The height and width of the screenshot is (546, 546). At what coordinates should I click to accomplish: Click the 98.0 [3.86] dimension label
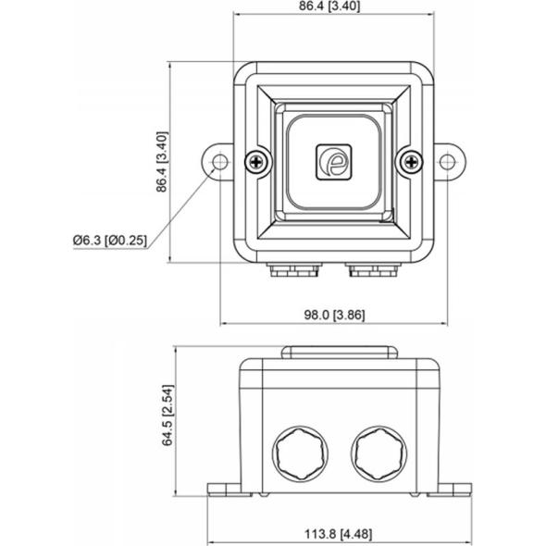pyautogui.click(x=335, y=315)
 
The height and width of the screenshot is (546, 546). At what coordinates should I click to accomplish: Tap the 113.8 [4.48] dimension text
pyautogui.click(x=338, y=534)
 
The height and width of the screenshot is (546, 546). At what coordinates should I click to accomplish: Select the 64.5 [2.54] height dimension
pyautogui.click(x=168, y=416)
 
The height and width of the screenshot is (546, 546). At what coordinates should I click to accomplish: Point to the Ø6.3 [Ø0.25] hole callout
pyautogui.click(x=110, y=241)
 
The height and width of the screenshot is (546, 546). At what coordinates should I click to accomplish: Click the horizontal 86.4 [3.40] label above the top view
pyautogui.click(x=329, y=6)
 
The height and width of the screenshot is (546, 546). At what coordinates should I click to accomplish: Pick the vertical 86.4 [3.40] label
pyautogui.click(x=162, y=162)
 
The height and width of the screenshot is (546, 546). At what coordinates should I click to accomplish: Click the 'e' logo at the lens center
pyautogui.click(x=333, y=162)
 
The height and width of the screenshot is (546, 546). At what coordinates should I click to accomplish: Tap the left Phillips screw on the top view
pyautogui.click(x=257, y=162)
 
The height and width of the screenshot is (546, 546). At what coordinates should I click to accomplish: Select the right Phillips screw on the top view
pyautogui.click(x=411, y=162)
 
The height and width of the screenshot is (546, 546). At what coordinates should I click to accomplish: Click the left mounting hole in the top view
pyautogui.click(x=220, y=162)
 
